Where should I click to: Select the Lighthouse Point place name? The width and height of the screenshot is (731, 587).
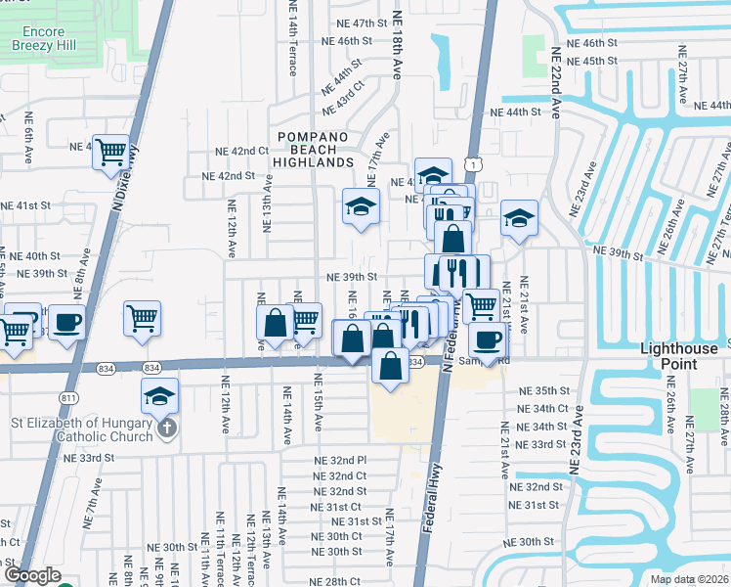click(681, 355)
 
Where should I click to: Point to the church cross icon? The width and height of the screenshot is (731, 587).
click(167, 429)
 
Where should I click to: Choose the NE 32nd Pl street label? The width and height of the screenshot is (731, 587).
click(340, 460)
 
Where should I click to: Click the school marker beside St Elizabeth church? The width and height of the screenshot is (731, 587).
click(159, 396)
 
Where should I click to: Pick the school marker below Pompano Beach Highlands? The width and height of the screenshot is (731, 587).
click(361, 207)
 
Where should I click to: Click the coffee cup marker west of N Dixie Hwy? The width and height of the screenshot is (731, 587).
click(66, 323)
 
